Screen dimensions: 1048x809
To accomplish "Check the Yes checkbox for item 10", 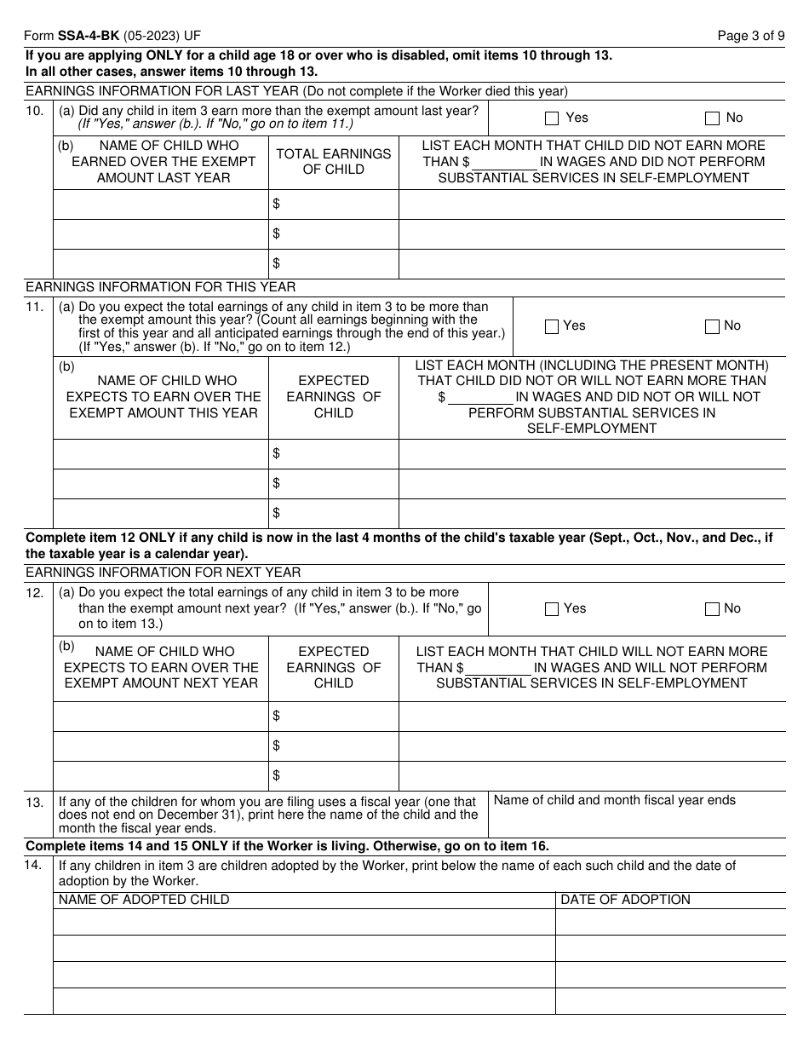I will pos(551,118).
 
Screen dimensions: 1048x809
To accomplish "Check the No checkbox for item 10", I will pos(712,118).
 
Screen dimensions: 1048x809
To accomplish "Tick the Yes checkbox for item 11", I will pos(551,326).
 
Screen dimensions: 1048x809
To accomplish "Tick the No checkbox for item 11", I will pos(712,326).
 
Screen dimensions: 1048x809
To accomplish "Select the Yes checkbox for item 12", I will pos(551,609).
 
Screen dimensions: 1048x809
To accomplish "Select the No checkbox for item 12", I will pos(712,609).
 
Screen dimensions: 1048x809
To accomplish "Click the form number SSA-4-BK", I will pos(89,36).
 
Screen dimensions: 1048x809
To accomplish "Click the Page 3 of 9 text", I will pos(751,36).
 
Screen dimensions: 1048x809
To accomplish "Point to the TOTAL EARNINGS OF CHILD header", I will pos(333,161).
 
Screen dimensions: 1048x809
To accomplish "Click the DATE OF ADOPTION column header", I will pos(625,900).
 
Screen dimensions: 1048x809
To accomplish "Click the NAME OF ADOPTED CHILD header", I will pos(143,900).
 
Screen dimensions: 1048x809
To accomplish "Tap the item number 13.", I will pos(34,803).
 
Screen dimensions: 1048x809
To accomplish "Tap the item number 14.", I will pos(34,867).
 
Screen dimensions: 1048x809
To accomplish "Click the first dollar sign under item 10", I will pos(276,204).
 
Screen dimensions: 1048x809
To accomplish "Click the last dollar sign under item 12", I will pos(276,775).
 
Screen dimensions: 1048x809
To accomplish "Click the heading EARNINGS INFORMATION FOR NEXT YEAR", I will pos(163,573).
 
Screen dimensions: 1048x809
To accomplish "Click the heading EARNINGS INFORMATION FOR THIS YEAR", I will pos(160,287).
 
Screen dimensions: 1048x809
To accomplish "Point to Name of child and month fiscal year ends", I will pos(614,800).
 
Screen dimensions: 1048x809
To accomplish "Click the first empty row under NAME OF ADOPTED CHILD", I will pos(304,922).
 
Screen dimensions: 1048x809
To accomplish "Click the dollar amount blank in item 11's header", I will pos(480,397).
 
